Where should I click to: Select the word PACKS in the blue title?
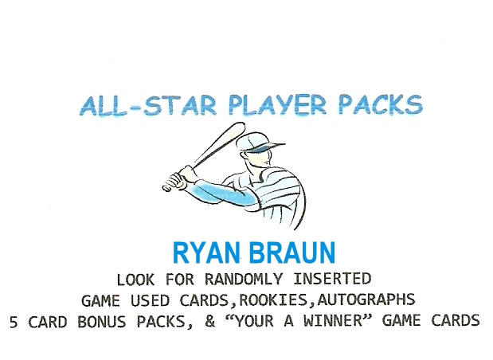[381, 104]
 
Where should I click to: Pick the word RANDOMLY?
[244, 280]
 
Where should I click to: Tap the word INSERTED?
[332, 280]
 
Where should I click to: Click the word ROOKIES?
[273, 300]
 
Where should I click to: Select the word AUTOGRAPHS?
[366, 300]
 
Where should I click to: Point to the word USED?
[150, 300]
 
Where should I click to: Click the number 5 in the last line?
[14, 322]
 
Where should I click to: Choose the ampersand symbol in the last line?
[209, 322]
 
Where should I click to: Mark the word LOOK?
[136, 280]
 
